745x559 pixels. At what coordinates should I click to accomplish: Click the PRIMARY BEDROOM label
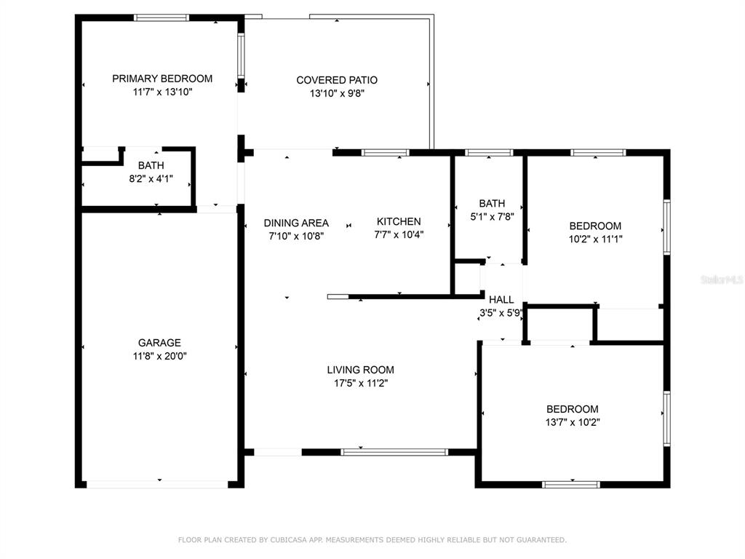(162, 79)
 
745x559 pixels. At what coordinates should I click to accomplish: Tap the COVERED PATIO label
(337, 80)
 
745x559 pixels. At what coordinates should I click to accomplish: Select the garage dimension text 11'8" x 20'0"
(159, 355)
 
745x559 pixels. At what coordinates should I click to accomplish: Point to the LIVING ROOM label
(361, 369)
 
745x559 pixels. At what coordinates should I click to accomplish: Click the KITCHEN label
(399, 221)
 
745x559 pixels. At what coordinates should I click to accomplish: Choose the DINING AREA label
(296, 223)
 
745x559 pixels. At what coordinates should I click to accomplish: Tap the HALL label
(501, 299)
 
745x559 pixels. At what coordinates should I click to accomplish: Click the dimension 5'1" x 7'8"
(492, 217)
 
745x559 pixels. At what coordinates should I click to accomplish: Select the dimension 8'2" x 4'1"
(151, 179)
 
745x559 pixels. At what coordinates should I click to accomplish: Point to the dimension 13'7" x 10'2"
(573, 422)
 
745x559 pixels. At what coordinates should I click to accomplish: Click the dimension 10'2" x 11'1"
(595, 239)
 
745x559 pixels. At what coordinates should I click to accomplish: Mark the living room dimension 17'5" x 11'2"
(361, 383)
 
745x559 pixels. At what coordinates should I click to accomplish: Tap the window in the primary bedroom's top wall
(162, 18)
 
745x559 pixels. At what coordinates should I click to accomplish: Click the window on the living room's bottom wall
(394, 452)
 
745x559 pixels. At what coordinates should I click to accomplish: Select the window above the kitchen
(386, 153)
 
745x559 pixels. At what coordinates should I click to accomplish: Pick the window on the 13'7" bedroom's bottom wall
(571, 485)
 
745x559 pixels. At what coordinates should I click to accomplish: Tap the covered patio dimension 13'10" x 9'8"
(337, 93)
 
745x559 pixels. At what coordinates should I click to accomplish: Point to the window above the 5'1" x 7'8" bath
(489, 153)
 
